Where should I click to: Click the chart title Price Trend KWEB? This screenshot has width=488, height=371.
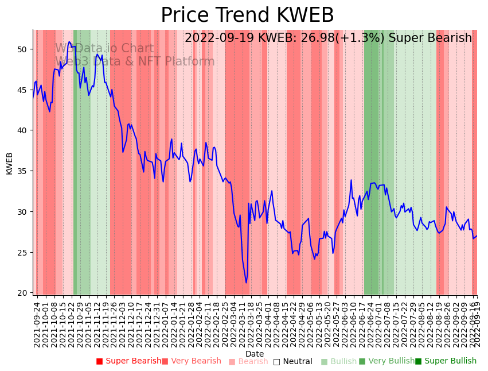click(x=247, y=16)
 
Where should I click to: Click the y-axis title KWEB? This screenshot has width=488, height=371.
click(x=9, y=163)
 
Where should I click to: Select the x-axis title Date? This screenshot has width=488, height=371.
click(x=255, y=354)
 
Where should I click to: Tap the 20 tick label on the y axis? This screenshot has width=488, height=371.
click(x=22, y=293)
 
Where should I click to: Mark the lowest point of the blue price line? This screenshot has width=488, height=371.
click(x=247, y=283)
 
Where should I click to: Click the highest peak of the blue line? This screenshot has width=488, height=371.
click(x=69, y=41)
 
